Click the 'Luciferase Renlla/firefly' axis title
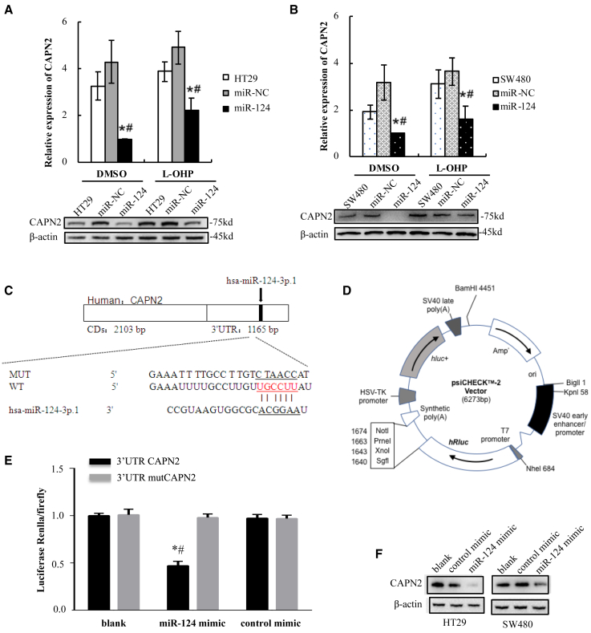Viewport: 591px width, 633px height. pos(43,543)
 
